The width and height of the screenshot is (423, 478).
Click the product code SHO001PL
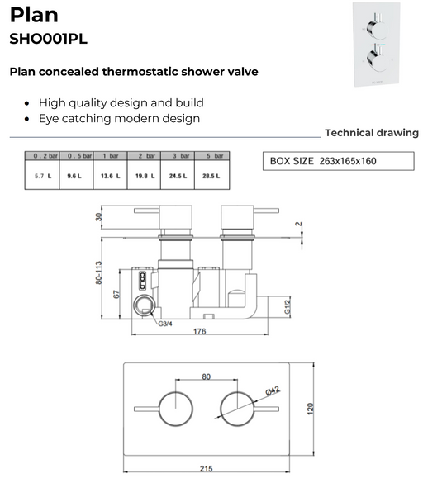(49, 39)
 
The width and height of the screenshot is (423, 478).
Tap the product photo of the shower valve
(377, 45)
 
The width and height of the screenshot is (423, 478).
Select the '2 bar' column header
(144, 156)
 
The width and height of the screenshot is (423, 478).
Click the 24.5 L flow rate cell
(178, 176)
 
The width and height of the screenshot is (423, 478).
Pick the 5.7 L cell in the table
(43, 176)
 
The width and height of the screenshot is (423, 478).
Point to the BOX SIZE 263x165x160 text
(323, 161)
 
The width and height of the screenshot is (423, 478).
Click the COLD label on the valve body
(142, 281)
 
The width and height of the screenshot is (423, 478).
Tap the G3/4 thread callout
(165, 324)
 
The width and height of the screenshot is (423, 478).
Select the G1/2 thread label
(288, 306)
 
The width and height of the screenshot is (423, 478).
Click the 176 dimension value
(199, 331)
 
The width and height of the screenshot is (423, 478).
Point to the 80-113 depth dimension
(98, 272)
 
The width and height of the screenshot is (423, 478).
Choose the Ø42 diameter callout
(273, 390)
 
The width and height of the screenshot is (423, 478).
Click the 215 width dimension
(207, 468)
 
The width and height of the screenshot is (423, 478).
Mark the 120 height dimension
(310, 409)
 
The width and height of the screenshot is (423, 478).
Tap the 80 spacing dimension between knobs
(207, 376)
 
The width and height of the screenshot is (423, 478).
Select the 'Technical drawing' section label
(372, 133)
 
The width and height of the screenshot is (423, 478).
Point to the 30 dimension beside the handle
(98, 217)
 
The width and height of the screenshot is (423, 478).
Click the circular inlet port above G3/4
(145, 305)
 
